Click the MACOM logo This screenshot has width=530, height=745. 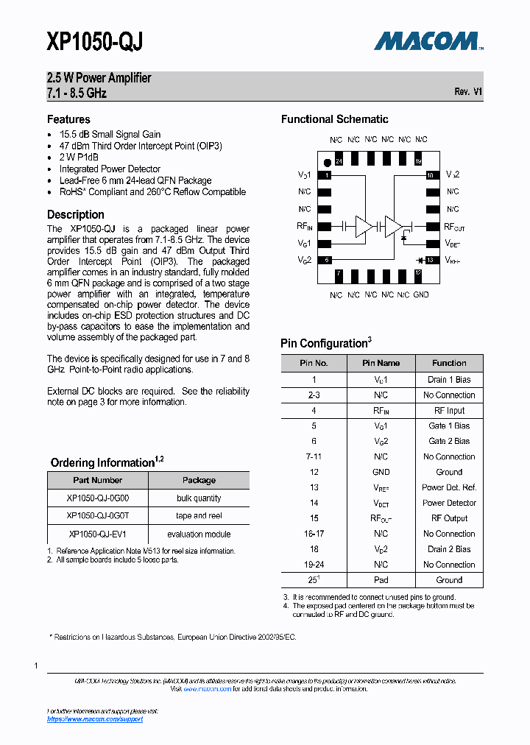click(x=428, y=41)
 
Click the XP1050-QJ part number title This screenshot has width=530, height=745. click(x=94, y=43)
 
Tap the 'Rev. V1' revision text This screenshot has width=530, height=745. click(x=468, y=92)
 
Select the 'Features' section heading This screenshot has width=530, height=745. click(x=68, y=119)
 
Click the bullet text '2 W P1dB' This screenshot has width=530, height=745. click(x=79, y=158)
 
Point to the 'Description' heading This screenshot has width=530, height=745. click(x=76, y=215)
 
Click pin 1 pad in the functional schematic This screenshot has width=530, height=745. click(x=328, y=176)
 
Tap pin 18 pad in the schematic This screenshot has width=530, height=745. click(x=430, y=175)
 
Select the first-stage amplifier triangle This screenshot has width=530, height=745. click(x=364, y=227)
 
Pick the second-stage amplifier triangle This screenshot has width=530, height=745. click(x=393, y=227)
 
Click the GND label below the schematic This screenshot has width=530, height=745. click(x=421, y=294)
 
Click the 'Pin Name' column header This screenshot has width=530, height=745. click(x=381, y=363)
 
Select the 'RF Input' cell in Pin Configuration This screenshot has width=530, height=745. click(x=449, y=411)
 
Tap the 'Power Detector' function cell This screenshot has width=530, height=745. click(x=449, y=503)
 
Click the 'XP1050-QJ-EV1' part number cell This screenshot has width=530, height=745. click(x=98, y=534)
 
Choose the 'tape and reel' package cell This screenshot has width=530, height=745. click(x=199, y=516)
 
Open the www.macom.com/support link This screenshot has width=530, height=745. click(x=95, y=719)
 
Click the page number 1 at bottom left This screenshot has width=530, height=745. click(x=36, y=665)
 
